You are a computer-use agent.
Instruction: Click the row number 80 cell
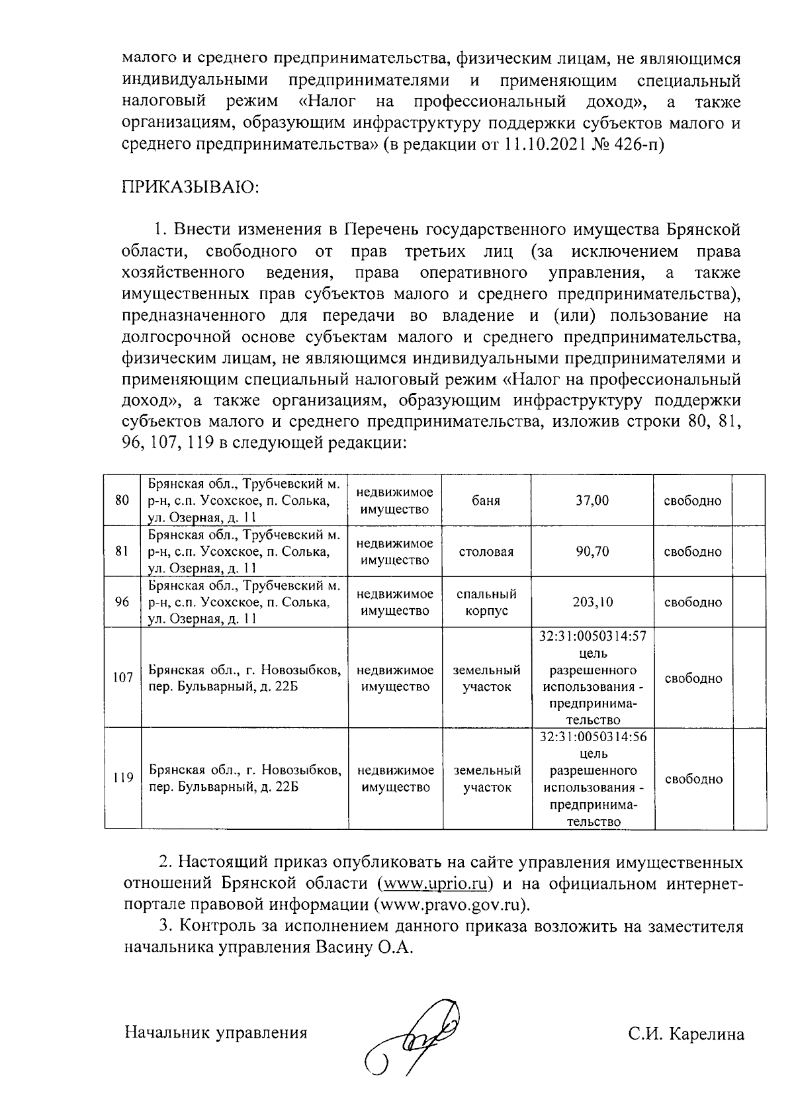[x=122, y=500]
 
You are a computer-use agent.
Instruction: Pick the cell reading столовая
[x=486, y=552]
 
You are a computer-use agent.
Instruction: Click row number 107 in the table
[x=122, y=678]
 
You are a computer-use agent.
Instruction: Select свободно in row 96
[x=693, y=602]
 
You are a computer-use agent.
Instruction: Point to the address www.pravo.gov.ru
[x=452, y=905]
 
